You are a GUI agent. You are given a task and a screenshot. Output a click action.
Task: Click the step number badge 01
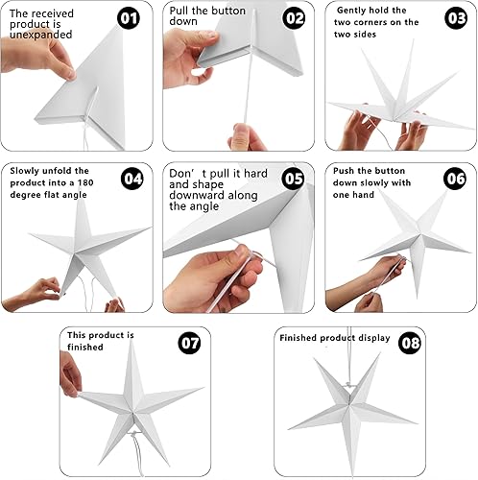(129, 18)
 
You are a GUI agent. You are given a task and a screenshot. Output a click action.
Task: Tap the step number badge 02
(293, 18)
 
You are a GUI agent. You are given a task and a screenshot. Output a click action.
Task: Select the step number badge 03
(455, 18)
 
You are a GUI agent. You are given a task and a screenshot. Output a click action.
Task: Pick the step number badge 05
(293, 180)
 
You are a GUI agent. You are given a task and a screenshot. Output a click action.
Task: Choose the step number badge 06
(455, 180)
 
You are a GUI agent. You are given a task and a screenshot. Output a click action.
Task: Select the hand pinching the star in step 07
(70, 374)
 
